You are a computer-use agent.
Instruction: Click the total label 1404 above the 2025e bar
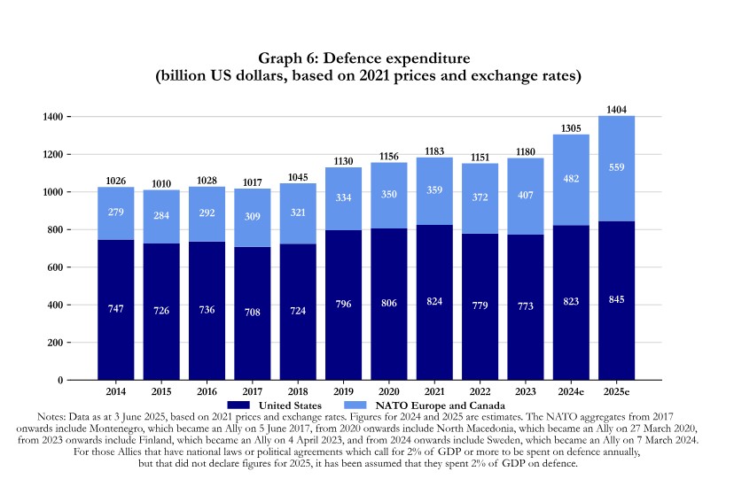coord(617,109)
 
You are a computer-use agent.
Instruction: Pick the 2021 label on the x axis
coord(434,390)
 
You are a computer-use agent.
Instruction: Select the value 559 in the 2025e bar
coord(617,166)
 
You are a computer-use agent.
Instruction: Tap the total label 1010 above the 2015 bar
coord(161,183)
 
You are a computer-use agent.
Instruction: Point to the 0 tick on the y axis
coord(59,381)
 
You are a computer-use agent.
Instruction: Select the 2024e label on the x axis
coord(571,390)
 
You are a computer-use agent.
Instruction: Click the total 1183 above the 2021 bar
coord(434,151)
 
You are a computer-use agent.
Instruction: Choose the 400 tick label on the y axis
coord(54,305)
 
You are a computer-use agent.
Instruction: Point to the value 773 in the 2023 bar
coord(526,306)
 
